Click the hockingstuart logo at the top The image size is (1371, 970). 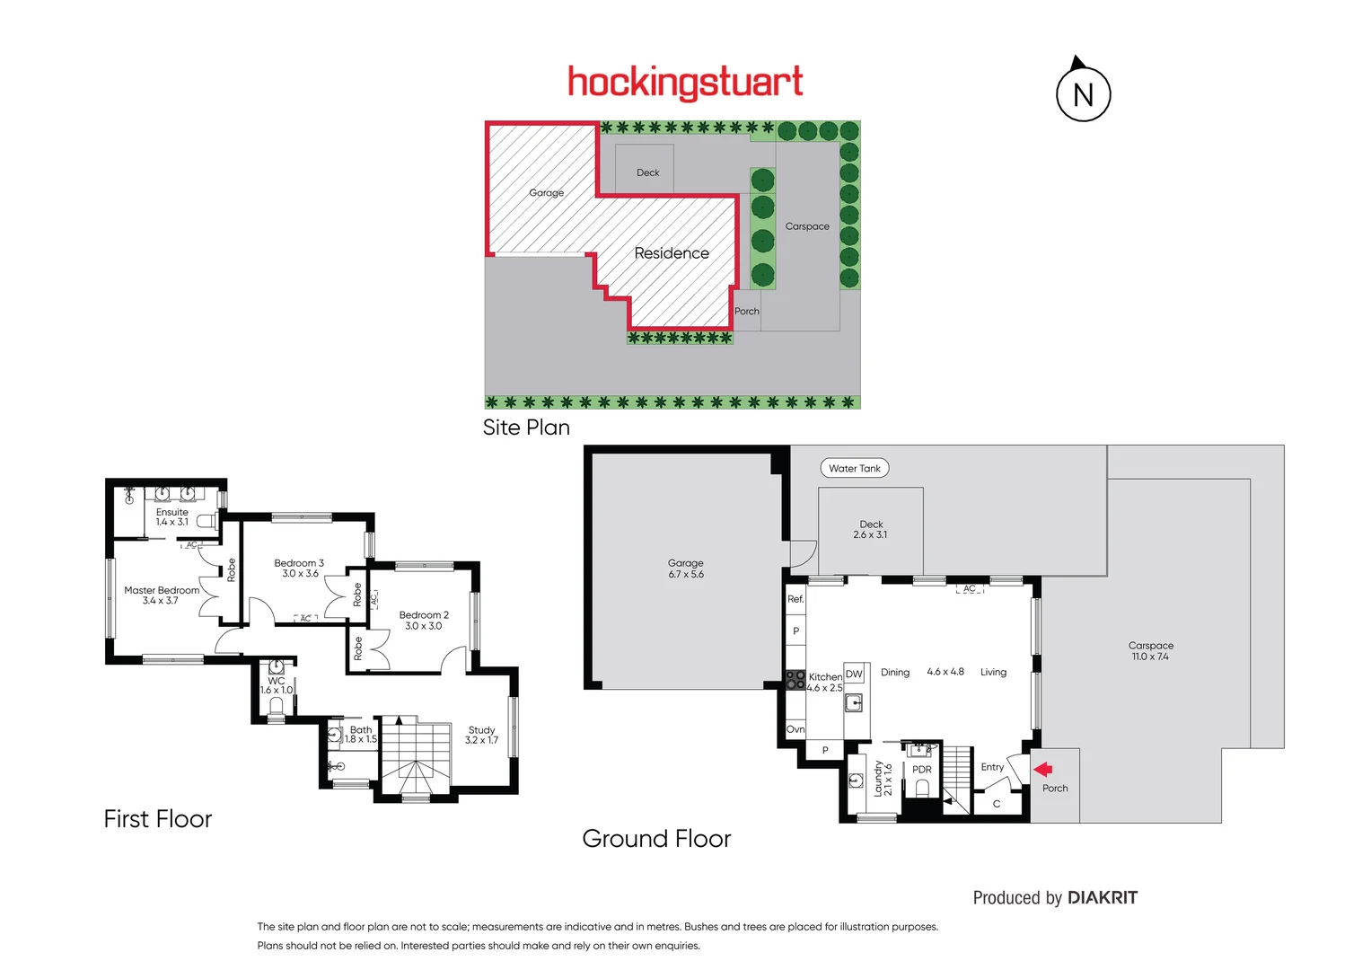[685, 82]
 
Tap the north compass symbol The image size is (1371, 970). [1083, 93]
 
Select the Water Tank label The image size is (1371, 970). [854, 468]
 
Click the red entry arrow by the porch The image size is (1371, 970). [1042, 769]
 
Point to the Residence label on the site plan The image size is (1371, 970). [672, 253]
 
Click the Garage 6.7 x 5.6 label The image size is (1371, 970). [686, 569]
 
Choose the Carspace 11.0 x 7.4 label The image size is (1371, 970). [1150, 651]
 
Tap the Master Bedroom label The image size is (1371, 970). [162, 595]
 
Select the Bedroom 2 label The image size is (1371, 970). [423, 621]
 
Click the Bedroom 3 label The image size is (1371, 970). [299, 569]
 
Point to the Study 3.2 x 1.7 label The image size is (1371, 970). [481, 735]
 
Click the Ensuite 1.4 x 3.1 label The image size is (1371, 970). [171, 516]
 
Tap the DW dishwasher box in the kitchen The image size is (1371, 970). [854, 674]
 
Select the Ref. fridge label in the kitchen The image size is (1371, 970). [795, 599]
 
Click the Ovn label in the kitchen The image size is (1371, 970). [795, 729]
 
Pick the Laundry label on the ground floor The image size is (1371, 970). [883, 779]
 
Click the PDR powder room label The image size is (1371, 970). [921, 770]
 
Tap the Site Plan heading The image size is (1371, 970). [526, 428]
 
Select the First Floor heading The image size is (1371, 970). [158, 819]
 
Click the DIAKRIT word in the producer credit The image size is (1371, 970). [1103, 897]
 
